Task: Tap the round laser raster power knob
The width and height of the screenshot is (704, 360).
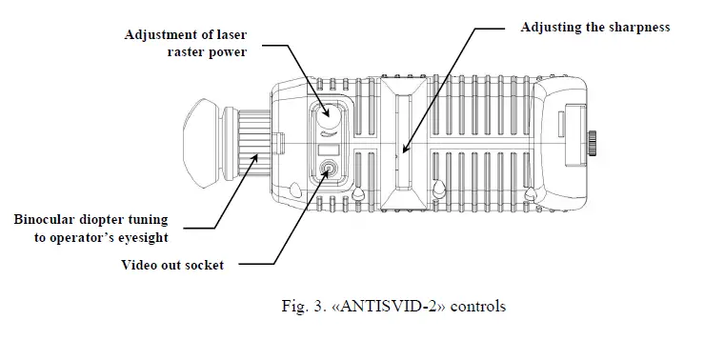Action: click(x=327, y=116)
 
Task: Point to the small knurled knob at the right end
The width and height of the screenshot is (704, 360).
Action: click(x=593, y=144)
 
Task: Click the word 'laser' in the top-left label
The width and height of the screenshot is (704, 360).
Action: click(x=228, y=35)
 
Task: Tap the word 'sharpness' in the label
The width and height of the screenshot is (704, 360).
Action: click(x=637, y=27)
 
